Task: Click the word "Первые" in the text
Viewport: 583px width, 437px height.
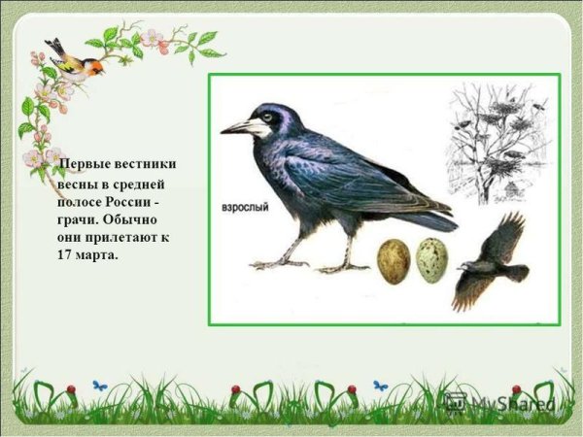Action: tap(84, 164)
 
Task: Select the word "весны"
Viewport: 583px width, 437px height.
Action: tap(77, 184)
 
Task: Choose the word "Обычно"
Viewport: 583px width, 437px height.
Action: tap(133, 219)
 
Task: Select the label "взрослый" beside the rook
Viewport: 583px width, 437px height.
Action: tap(246, 208)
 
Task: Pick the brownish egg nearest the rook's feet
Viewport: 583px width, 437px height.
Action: tap(393, 261)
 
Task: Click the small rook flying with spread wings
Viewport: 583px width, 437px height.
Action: tap(491, 262)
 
